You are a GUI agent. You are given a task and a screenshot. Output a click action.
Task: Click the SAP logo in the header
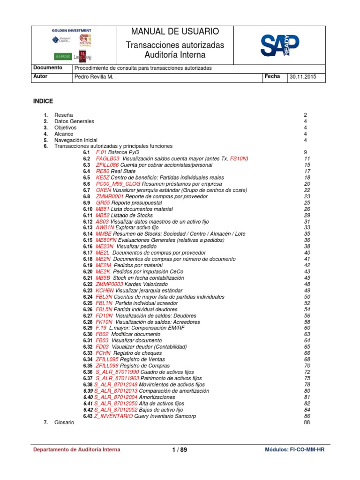click(x=280, y=45)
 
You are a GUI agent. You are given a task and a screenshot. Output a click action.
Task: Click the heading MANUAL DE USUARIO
click(x=175, y=32)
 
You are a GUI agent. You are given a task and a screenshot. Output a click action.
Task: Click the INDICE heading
click(x=43, y=101)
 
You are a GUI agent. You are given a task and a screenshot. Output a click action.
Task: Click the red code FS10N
click(x=239, y=159)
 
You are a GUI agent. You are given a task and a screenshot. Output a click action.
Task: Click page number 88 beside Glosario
click(x=307, y=422)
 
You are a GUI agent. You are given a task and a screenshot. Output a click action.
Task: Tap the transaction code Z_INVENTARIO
click(x=113, y=416)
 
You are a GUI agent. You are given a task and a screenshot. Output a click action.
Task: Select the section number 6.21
click(x=88, y=278)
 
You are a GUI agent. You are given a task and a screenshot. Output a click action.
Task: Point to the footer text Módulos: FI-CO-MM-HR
click(x=294, y=450)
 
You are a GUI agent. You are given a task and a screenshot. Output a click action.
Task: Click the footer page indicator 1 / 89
click(x=179, y=450)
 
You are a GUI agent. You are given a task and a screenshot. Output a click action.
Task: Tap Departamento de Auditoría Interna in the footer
click(x=76, y=450)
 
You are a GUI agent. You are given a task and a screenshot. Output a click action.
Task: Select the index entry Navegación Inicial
click(x=76, y=140)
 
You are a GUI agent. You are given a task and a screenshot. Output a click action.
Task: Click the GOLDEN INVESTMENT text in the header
click(x=71, y=30)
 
